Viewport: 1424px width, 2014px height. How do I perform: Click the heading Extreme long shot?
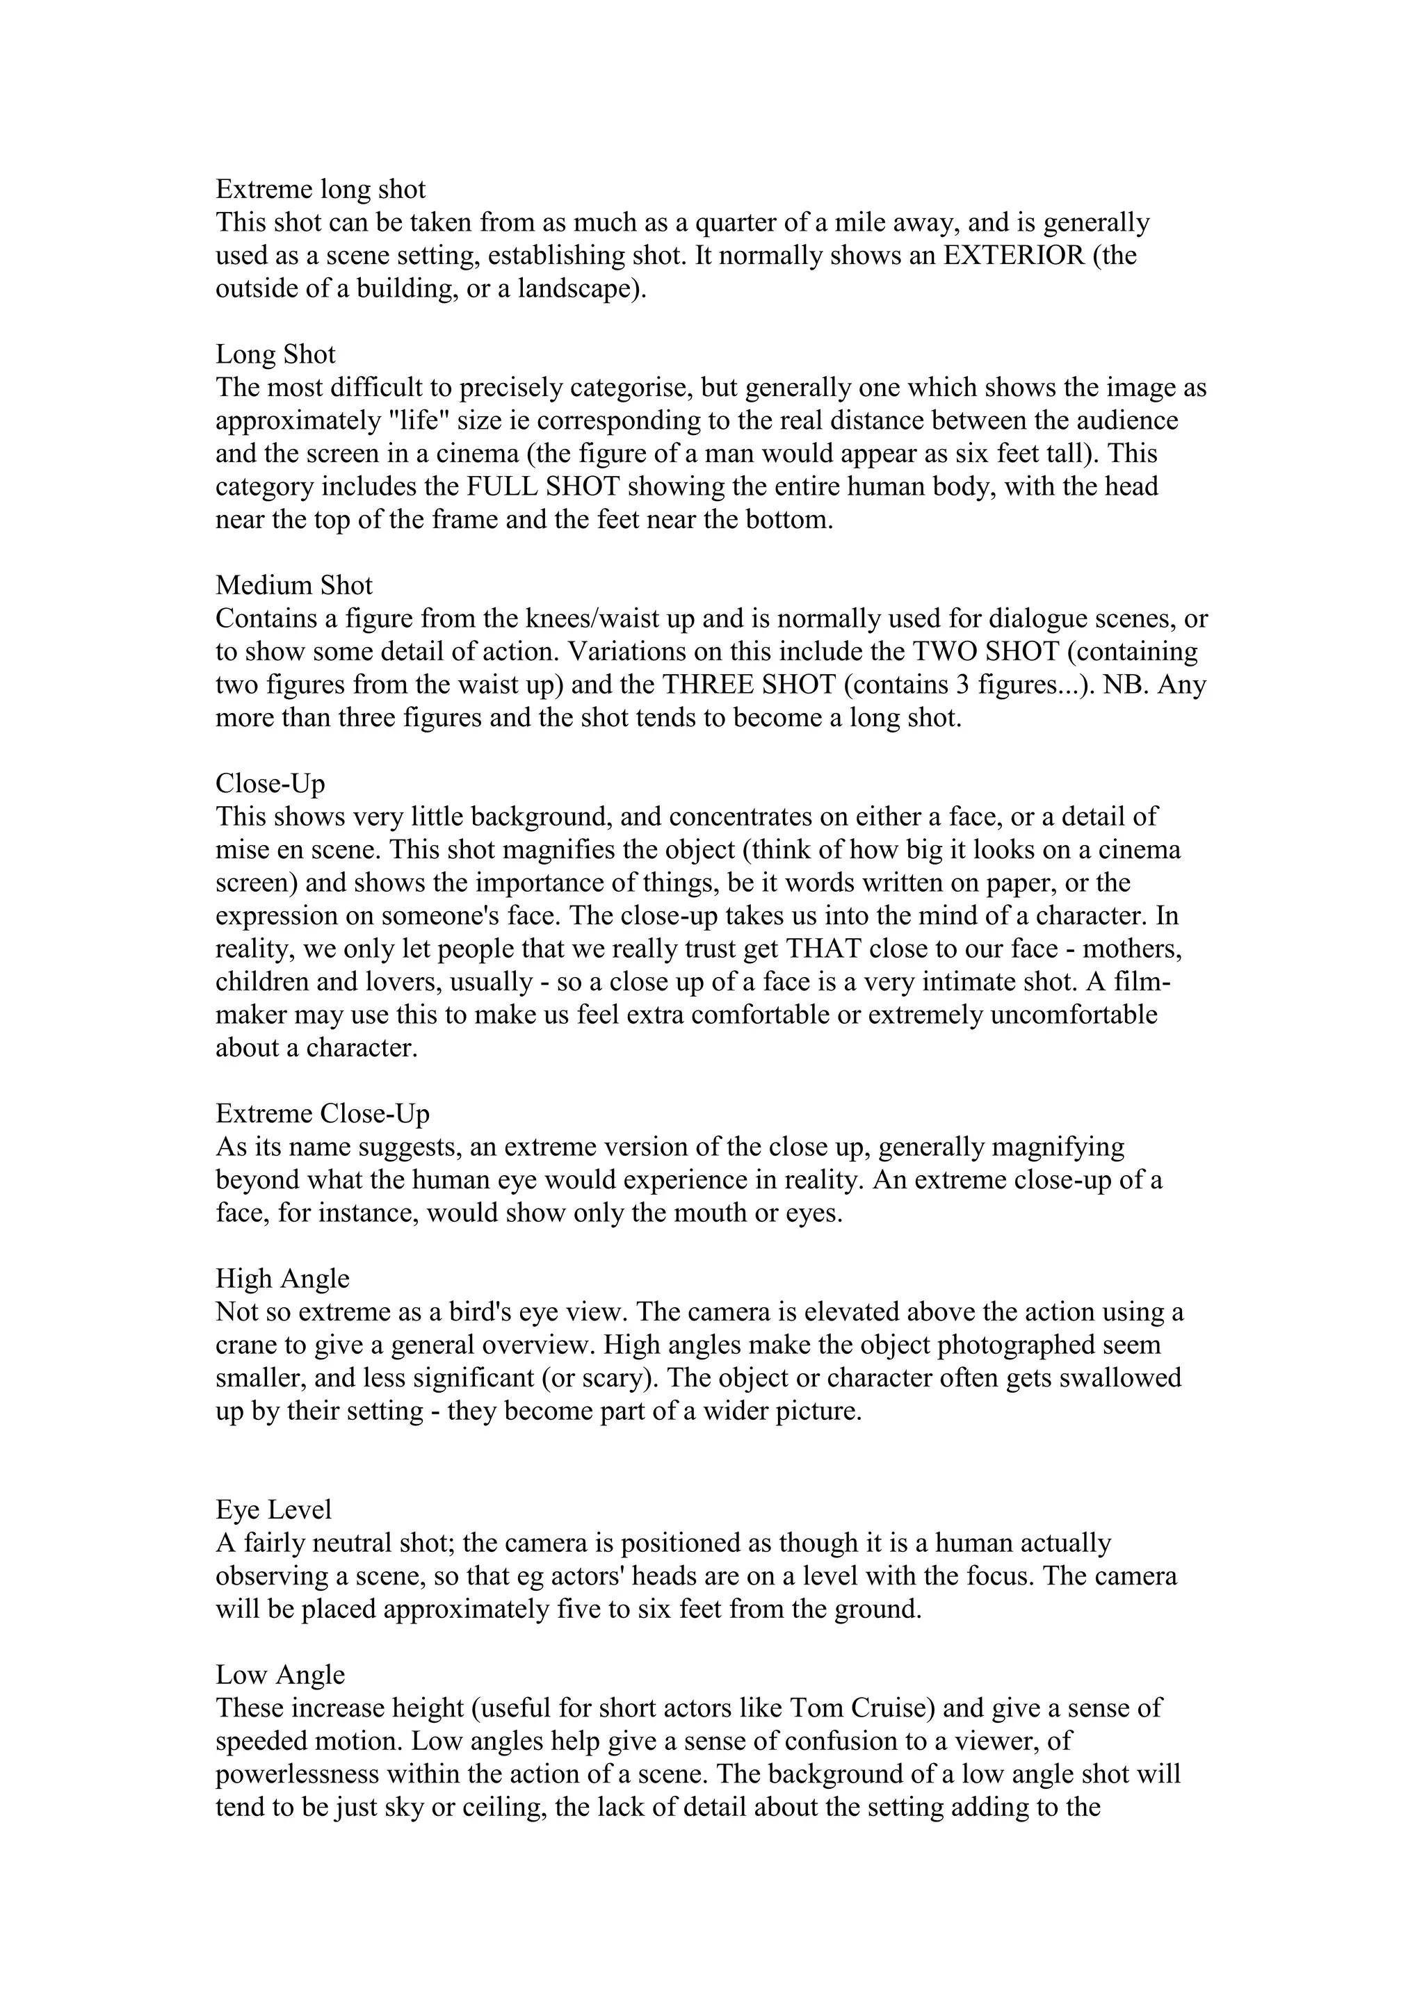321,190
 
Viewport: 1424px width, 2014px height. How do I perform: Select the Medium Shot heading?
294,585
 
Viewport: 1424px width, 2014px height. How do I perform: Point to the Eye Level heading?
274,1509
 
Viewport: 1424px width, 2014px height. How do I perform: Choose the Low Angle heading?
280,1675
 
